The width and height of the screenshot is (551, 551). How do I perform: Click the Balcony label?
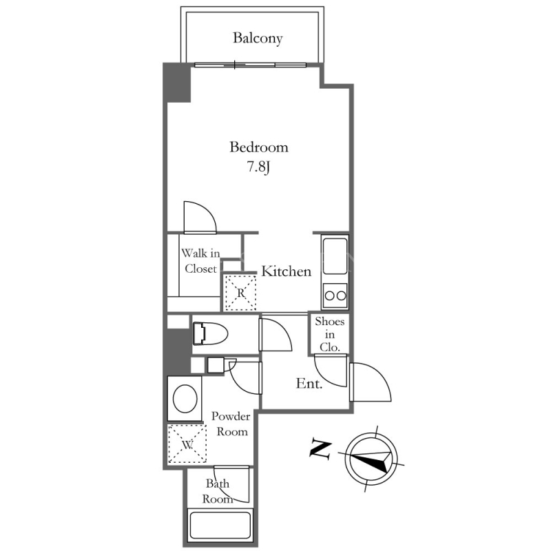click(x=258, y=38)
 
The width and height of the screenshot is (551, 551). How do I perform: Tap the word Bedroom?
click(x=259, y=147)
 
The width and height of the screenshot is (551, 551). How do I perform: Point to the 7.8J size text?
click(x=258, y=167)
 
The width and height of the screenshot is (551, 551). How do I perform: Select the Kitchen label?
click(x=287, y=271)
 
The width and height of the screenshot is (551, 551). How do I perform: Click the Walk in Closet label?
click(x=200, y=261)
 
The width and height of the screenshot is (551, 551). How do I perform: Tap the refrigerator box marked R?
click(x=240, y=293)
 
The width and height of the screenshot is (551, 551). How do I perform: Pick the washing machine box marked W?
click(x=187, y=444)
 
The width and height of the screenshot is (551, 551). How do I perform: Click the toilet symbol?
click(x=210, y=333)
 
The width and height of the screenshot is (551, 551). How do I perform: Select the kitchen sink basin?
click(x=335, y=256)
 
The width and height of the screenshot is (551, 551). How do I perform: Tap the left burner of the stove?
click(x=330, y=295)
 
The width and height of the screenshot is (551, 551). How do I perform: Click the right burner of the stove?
click(x=341, y=295)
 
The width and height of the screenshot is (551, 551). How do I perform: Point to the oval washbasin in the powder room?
click(x=185, y=399)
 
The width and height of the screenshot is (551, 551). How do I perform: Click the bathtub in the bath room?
click(x=220, y=526)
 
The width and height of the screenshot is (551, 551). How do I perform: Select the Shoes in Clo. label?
click(x=330, y=334)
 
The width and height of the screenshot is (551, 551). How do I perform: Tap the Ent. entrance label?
click(x=309, y=384)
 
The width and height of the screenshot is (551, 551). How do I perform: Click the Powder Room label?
click(x=231, y=424)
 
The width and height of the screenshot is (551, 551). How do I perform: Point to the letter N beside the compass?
click(x=320, y=449)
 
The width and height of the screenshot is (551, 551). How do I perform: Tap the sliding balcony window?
click(x=251, y=65)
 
